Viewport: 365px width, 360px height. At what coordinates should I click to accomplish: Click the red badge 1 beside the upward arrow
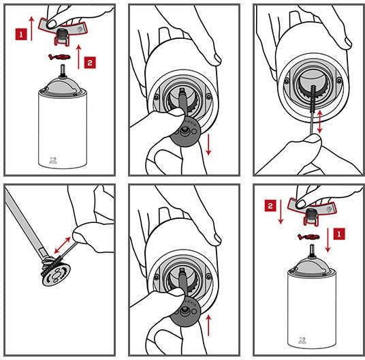21,34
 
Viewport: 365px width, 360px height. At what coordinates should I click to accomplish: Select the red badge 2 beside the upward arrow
90,63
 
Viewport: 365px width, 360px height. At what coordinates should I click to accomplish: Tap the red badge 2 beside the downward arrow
270,206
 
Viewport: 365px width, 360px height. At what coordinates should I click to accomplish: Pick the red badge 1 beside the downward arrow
339,234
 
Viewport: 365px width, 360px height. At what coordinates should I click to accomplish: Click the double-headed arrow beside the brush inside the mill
320,122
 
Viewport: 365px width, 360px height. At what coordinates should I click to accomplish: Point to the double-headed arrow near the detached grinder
62,245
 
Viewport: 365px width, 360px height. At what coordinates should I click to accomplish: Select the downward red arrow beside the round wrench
208,145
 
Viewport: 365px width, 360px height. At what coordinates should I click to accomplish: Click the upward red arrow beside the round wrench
209,325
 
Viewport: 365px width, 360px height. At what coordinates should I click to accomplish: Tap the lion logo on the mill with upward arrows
52,160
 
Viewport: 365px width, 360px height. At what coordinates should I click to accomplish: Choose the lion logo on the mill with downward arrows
302,340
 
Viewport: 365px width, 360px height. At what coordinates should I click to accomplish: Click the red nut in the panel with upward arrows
59,57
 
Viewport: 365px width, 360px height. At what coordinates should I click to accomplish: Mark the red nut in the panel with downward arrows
308,237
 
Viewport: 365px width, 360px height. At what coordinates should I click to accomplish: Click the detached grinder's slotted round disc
57,275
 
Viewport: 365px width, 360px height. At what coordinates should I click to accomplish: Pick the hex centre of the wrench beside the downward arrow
185,131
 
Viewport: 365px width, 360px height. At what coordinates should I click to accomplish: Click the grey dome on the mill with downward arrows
311,265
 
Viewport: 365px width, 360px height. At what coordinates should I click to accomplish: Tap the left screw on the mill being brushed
287,81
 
